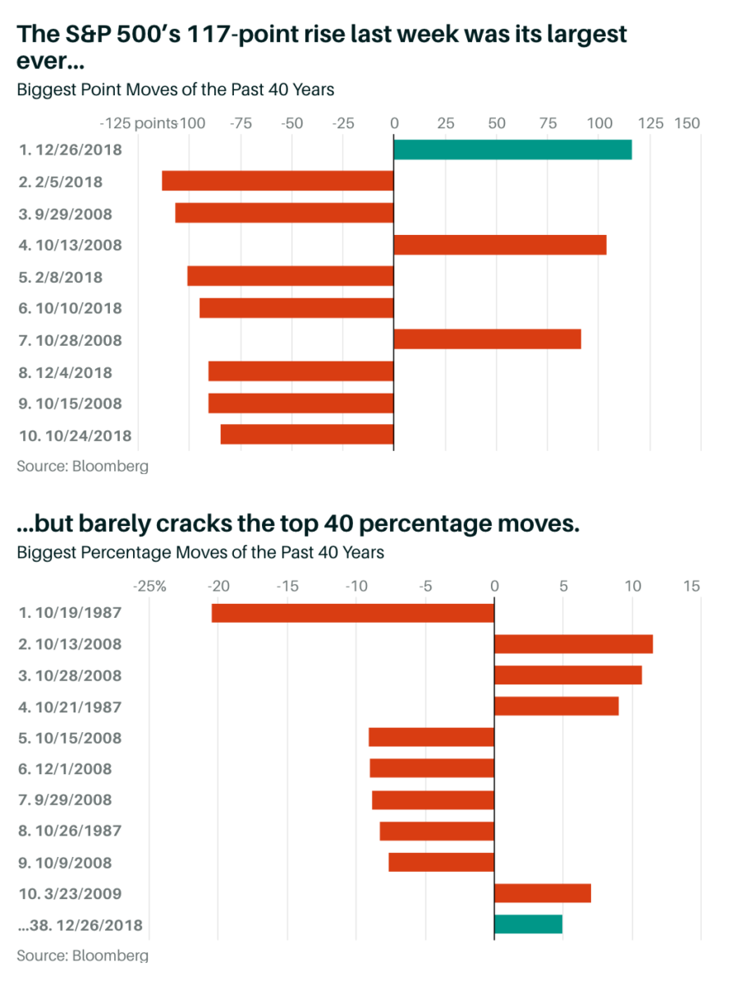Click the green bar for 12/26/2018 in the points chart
[x=512, y=150]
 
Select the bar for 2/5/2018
[x=278, y=181]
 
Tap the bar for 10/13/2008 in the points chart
[x=500, y=245]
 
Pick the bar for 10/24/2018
[x=307, y=435]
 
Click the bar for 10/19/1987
[x=353, y=613]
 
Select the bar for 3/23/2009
[x=542, y=893]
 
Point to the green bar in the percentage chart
[x=528, y=924]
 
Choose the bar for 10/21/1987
[x=556, y=706]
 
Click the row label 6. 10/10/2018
[x=70, y=309]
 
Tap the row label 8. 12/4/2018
[x=65, y=373]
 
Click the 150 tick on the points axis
[x=687, y=124]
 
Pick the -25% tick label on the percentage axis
[x=151, y=587]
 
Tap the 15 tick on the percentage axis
[x=691, y=587]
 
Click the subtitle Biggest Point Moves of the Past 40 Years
[x=176, y=90]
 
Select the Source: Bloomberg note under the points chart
[x=82, y=467]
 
